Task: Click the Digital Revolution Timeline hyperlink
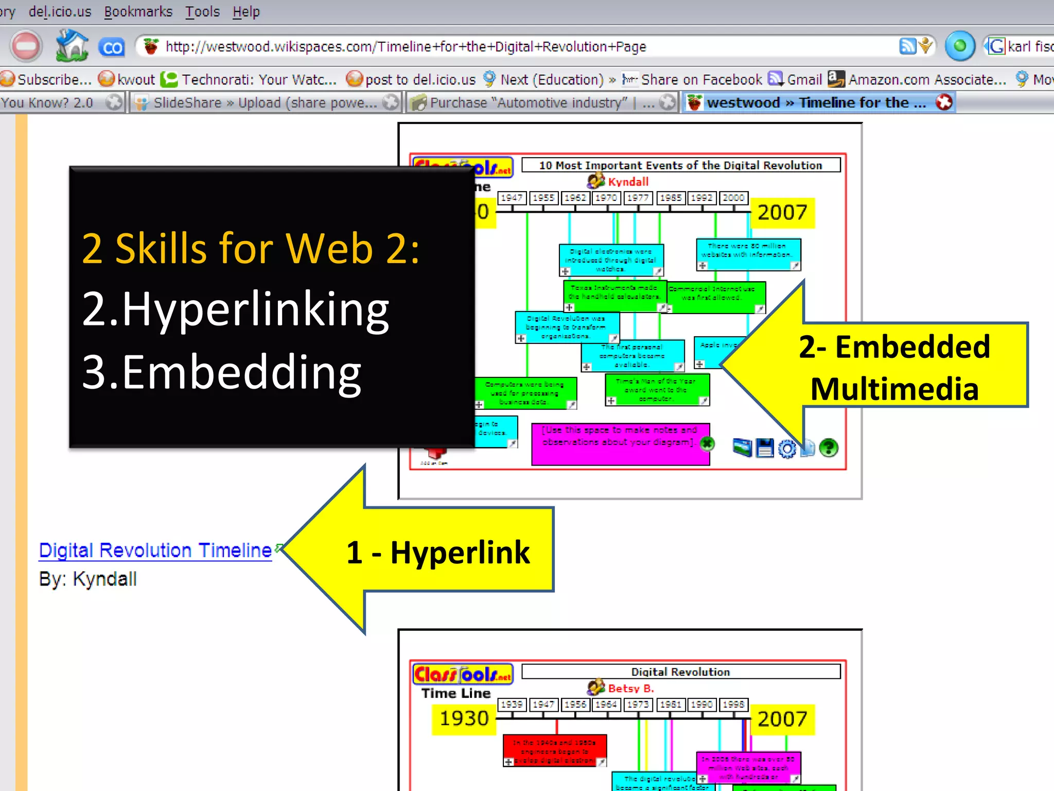(155, 551)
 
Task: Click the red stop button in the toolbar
(25, 46)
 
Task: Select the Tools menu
(202, 11)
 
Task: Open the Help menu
(246, 11)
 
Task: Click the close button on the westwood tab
(944, 102)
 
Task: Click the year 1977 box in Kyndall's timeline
(638, 198)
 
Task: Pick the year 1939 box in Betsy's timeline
(512, 704)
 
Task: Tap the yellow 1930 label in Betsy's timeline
(464, 718)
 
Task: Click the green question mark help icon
(829, 448)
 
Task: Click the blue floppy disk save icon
(765, 448)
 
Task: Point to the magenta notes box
(620, 444)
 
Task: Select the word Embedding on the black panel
(242, 372)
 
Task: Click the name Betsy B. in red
(630, 689)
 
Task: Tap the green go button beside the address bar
(960, 46)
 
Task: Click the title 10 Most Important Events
(680, 165)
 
